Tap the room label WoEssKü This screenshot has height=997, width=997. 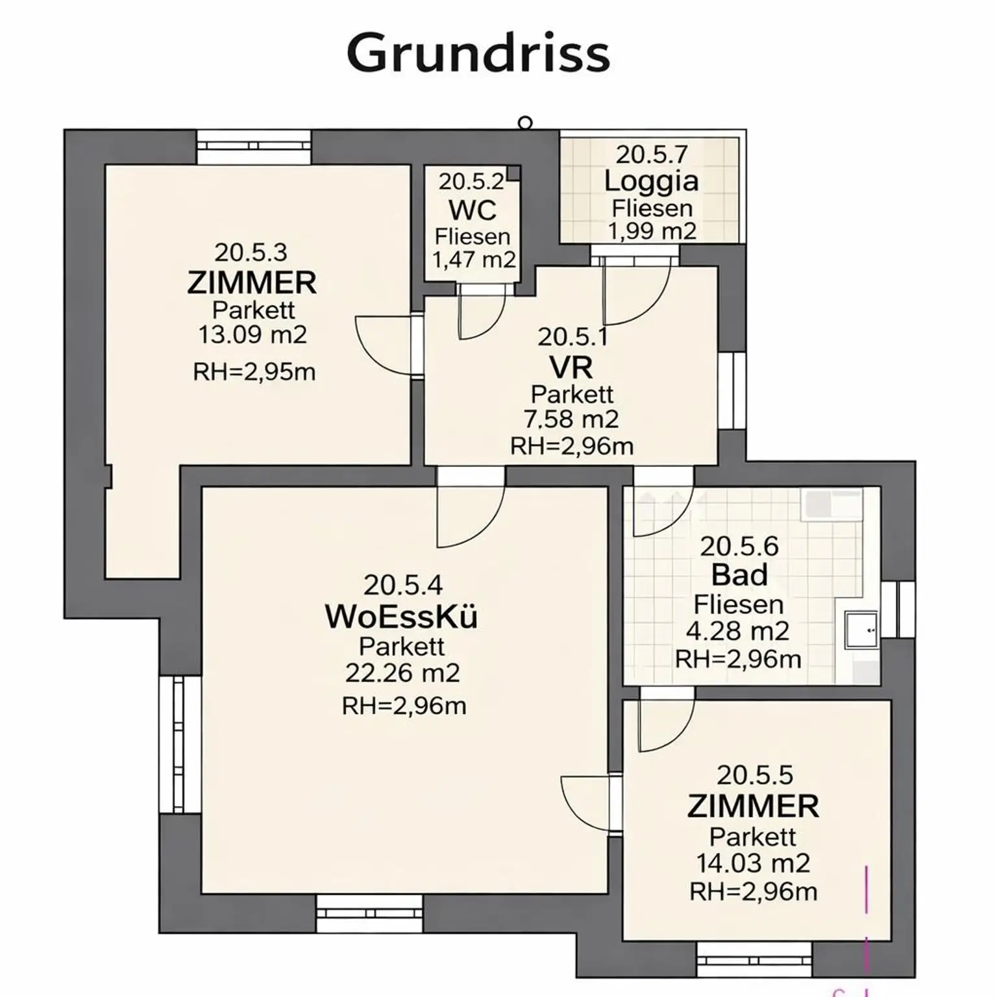(401, 617)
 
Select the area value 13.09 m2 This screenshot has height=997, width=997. (252, 335)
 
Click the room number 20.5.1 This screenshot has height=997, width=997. (572, 337)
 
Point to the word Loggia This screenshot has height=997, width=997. (651, 181)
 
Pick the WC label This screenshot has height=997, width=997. (473, 210)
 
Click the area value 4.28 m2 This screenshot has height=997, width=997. (737, 631)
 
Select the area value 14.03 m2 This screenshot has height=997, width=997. (753, 863)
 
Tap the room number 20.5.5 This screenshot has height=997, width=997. (755, 775)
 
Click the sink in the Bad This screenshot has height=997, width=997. (861, 630)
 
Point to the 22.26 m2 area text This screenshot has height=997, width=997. (402, 673)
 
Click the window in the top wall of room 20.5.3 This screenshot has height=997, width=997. (254, 147)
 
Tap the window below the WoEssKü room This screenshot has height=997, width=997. (369, 913)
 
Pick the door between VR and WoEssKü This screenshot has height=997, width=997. (470, 508)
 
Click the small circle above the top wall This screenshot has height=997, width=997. (525, 123)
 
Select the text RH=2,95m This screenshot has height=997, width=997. (254, 373)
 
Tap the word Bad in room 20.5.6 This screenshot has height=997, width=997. (739, 575)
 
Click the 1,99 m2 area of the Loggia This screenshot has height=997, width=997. (652, 231)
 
